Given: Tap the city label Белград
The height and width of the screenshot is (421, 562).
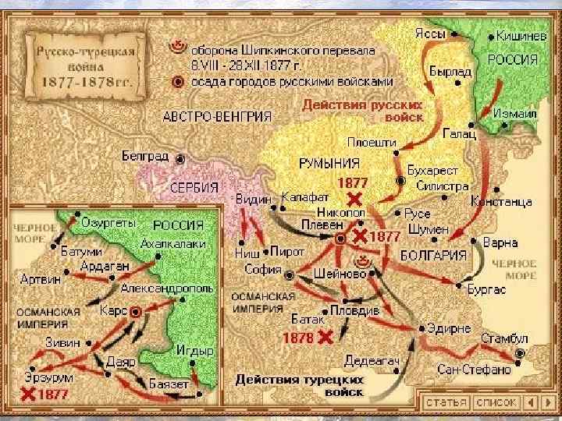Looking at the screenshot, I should [x=145, y=156].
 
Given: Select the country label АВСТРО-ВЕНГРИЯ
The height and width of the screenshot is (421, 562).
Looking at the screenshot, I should [x=217, y=117].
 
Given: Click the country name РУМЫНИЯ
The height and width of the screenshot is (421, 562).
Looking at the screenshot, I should [x=329, y=163].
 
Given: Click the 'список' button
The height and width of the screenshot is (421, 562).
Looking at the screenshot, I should [x=496, y=402].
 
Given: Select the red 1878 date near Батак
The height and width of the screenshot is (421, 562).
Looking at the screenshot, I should [x=297, y=338].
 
